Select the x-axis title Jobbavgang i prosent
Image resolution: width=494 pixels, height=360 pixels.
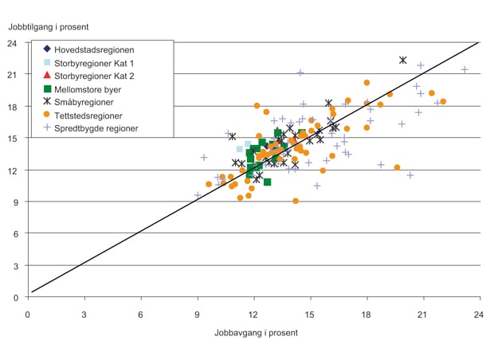tap(256, 332)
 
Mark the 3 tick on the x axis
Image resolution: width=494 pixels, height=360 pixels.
tap(84, 313)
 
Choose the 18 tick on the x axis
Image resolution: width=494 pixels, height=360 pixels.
tap(367, 313)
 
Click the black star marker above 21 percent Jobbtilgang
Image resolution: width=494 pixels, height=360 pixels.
tap(403, 61)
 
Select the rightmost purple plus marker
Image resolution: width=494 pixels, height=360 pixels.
tap(465, 70)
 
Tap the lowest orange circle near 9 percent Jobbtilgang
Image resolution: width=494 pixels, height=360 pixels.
tap(296, 201)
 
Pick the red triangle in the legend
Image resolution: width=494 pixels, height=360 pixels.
tap(48, 76)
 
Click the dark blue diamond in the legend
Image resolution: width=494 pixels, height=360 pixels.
tap(48, 49)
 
